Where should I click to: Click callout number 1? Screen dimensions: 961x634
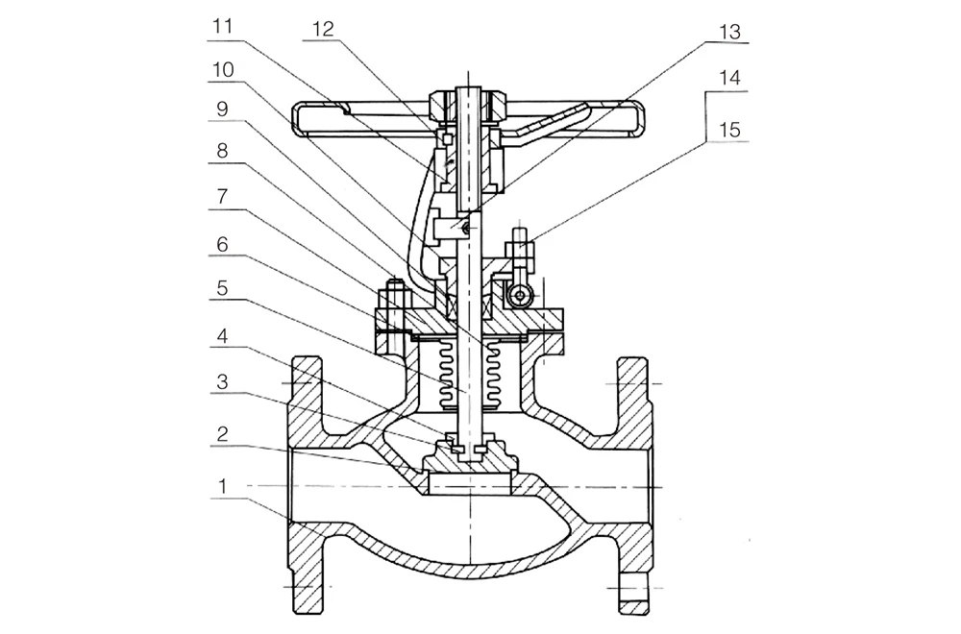coord(223,486)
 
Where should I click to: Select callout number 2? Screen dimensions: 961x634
coord(223,433)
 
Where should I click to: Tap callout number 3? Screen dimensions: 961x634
coord(223,381)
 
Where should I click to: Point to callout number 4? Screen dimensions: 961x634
coord(223,335)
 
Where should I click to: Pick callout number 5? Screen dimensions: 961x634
coord(223,288)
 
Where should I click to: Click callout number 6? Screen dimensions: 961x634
coord(223,244)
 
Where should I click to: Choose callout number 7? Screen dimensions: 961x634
coord(223,197)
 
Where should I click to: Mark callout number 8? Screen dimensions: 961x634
coord(223,150)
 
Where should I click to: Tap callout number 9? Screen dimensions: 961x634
coord(223,110)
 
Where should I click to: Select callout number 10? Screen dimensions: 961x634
coord(223,70)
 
